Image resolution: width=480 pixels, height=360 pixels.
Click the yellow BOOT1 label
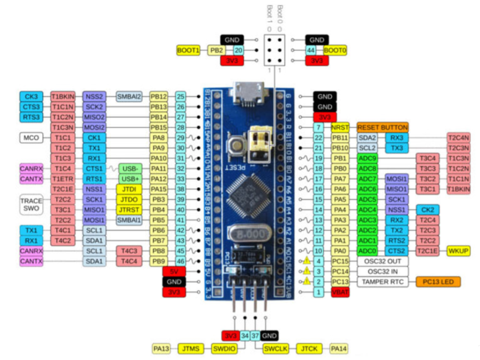189,50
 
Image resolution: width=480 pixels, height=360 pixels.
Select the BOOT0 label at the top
335,50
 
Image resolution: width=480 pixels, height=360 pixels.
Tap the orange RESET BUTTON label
383,127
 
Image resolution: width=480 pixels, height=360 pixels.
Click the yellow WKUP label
459,250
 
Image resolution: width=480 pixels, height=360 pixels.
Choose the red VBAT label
340,292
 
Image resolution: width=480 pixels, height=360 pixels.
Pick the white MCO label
31,137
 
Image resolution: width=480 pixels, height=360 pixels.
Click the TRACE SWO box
31,204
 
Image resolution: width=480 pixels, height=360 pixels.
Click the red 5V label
174,271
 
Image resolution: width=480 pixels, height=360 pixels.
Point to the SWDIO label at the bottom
224,348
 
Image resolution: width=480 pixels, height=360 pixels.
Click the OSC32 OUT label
383,261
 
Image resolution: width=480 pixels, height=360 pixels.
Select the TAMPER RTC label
383,281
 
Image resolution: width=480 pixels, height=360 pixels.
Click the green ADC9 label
368,158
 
